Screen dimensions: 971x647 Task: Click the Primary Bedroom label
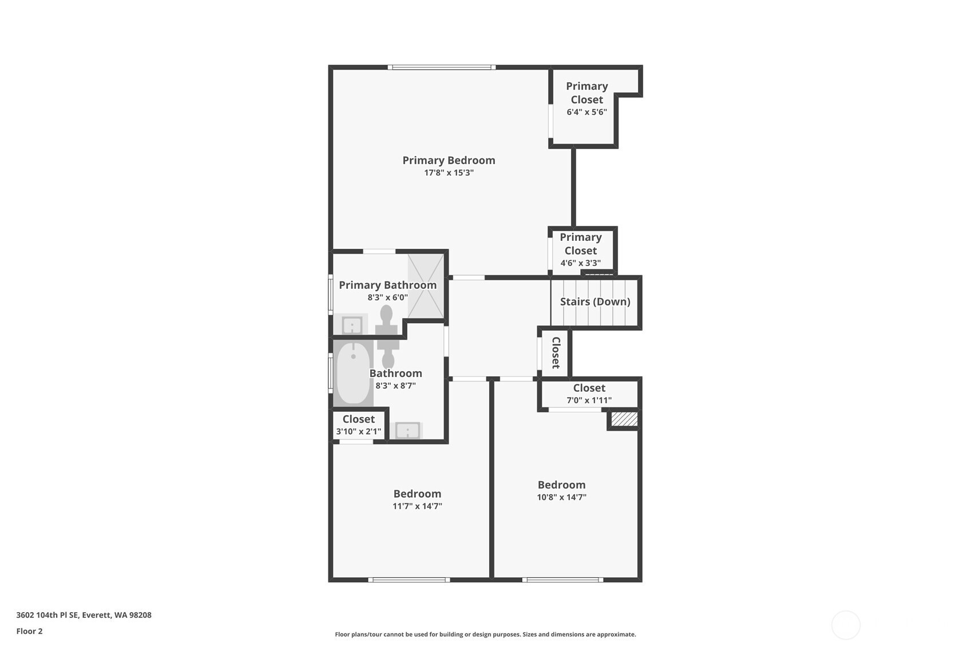pos(449,160)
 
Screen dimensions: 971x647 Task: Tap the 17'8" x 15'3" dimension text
pos(449,173)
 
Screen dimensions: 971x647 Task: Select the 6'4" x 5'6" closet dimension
pos(586,112)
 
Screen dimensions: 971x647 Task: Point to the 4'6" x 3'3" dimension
pos(580,263)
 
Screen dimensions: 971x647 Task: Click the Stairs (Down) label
pos(595,301)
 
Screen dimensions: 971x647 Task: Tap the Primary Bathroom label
pos(387,285)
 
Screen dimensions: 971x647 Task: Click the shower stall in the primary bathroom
pos(426,286)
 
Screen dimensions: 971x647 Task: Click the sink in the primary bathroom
pos(352,325)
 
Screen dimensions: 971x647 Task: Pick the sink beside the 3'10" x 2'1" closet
pos(407,431)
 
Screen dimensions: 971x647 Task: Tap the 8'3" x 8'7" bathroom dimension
pos(395,386)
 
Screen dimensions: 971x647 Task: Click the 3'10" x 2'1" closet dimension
pos(359,432)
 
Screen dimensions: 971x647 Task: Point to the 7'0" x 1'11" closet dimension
pos(589,400)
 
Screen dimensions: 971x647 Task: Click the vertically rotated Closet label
pos(556,353)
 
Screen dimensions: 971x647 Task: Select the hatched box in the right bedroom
pos(624,419)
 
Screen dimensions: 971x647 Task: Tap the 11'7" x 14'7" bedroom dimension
pos(417,506)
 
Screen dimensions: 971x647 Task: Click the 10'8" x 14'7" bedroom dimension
pos(561,497)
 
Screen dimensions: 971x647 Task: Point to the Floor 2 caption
pos(30,631)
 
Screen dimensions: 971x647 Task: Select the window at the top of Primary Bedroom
pos(441,67)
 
